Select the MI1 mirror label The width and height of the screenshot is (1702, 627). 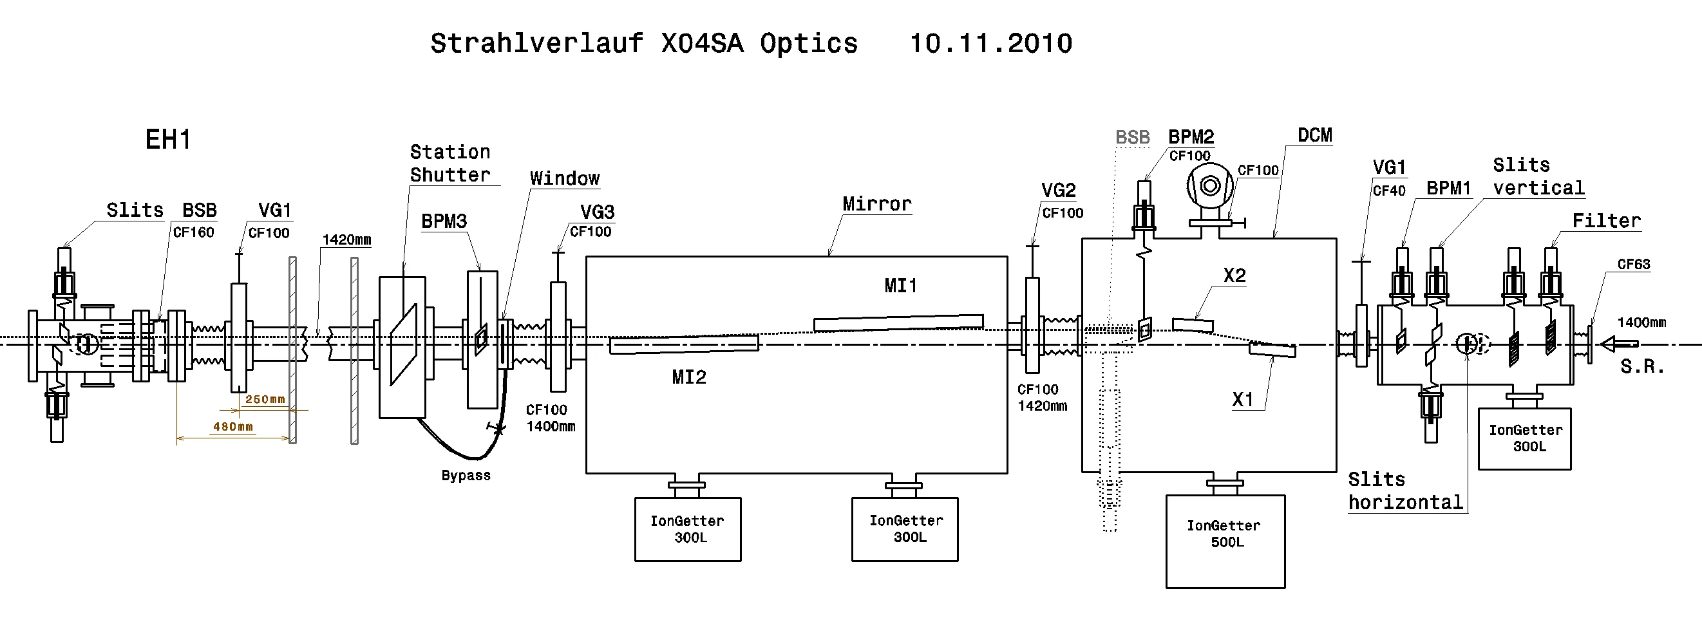point(900,285)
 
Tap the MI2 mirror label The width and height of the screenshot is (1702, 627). point(688,377)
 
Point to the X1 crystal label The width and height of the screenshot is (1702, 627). point(1243,399)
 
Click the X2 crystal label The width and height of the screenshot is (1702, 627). point(1234,275)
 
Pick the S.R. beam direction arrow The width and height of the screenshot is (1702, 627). point(1620,344)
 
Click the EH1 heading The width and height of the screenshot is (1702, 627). point(168,140)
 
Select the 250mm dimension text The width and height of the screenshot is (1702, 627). point(265,399)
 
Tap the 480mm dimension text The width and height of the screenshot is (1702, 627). point(232,427)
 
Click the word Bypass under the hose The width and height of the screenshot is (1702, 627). point(466,475)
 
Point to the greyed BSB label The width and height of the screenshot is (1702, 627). point(1133,137)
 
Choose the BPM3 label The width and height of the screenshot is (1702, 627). point(444,221)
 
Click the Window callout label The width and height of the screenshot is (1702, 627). point(564,178)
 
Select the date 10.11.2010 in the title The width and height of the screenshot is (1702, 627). point(990,44)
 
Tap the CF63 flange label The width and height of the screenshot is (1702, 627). point(1633,265)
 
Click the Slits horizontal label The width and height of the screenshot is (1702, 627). point(1405,491)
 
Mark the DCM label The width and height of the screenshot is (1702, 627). point(1315,135)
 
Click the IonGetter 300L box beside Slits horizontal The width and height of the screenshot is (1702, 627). point(1524,438)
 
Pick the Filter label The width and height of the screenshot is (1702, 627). point(1606,221)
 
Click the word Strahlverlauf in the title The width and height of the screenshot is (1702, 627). point(536,44)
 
